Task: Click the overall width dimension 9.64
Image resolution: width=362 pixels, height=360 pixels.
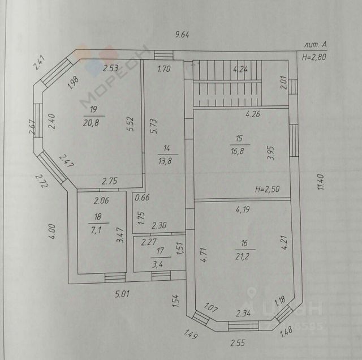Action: pos(182,35)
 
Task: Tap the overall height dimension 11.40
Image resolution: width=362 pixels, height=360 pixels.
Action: pos(320,182)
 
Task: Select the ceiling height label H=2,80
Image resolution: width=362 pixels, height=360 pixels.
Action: pos(314,56)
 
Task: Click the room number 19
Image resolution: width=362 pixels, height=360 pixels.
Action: pos(93,109)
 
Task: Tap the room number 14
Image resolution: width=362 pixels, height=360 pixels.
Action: pos(167,149)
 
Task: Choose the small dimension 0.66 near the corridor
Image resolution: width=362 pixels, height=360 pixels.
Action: pos(141,198)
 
